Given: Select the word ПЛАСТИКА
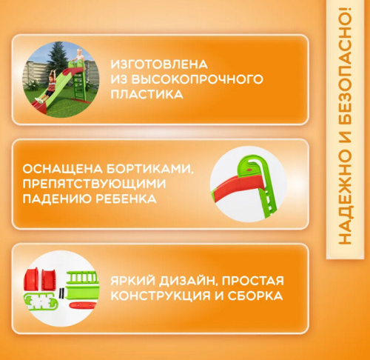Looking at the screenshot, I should [145, 95].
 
